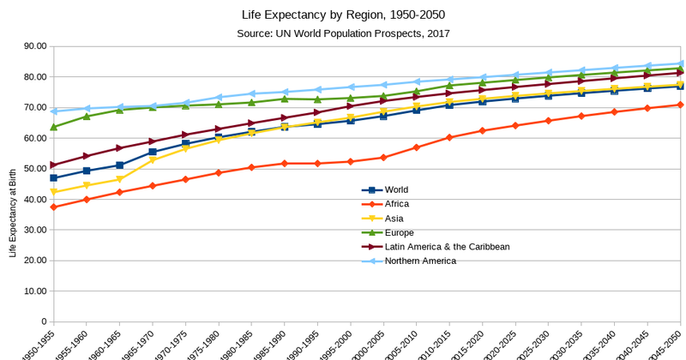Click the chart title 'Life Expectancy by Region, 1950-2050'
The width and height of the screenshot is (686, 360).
click(343, 15)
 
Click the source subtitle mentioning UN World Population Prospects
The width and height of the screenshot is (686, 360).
click(343, 33)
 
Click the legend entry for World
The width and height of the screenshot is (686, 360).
click(397, 190)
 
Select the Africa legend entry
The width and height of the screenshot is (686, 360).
click(397, 204)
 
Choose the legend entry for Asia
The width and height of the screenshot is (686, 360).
click(394, 218)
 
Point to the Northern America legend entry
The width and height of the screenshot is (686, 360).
click(420, 261)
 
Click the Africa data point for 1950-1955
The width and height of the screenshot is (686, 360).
click(54, 207)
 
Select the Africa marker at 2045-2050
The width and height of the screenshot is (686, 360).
click(681, 105)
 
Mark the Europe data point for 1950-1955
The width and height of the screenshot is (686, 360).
click(54, 127)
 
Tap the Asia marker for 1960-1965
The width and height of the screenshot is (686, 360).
click(120, 179)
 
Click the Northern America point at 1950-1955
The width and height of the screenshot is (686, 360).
click(54, 111)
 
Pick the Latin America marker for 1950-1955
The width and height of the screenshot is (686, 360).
click(54, 165)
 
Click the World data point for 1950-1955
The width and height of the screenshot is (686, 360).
click(54, 178)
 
